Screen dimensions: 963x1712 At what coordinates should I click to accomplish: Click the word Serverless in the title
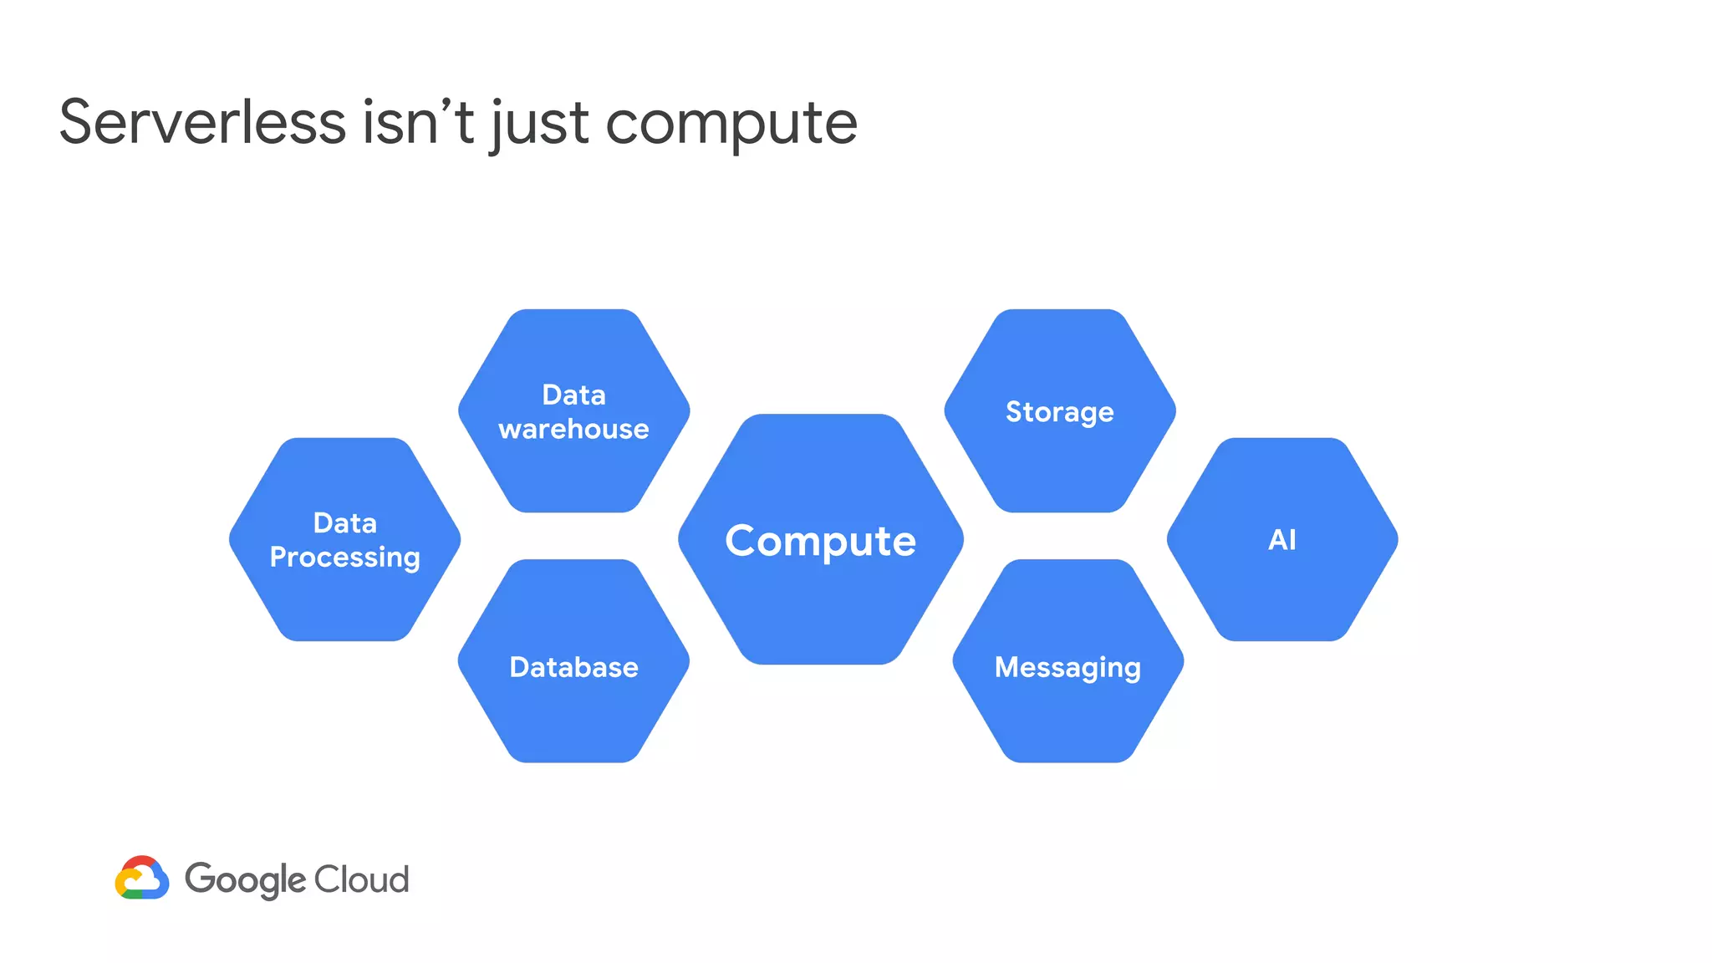point(202,122)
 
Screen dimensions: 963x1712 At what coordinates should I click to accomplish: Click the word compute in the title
point(731,124)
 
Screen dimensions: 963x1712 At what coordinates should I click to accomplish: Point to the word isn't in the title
point(418,122)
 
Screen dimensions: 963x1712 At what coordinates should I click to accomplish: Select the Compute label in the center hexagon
point(820,541)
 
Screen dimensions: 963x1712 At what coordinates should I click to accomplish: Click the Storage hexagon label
point(1059,412)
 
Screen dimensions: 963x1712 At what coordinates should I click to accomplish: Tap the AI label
point(1281,540)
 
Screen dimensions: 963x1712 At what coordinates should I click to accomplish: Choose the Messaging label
point(1067,668)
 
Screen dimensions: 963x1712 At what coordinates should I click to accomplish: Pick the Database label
point(573,667)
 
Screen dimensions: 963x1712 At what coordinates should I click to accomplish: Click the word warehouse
point(573,429)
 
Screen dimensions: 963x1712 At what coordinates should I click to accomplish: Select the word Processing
point(344,558)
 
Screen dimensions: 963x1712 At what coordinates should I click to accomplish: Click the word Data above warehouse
point(573,395)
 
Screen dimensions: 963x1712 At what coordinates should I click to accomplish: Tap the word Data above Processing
point(344,523)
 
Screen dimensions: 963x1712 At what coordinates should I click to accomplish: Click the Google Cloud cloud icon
point(142,878)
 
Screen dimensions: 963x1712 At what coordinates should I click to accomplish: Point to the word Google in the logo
point(245,879)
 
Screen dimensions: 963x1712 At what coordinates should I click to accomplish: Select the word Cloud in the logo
point(361,879)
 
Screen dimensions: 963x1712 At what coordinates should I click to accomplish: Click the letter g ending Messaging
point(1132,670)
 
